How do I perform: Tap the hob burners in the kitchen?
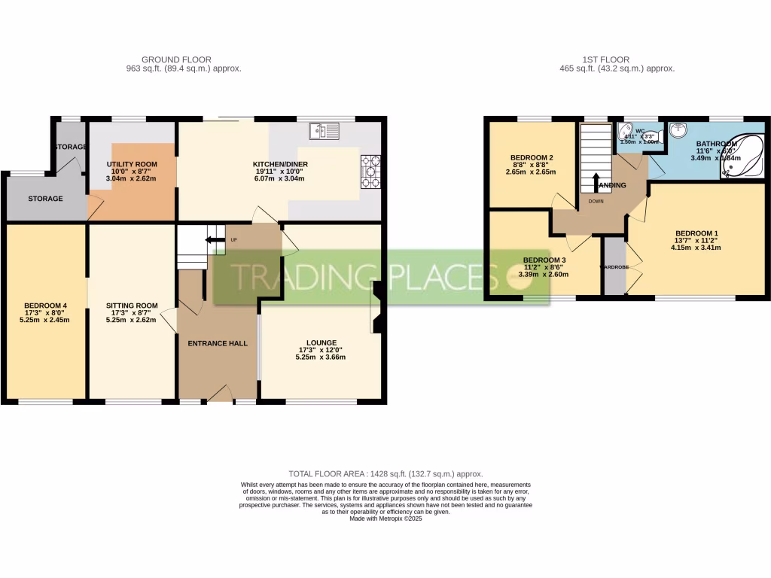[x=371, y=172]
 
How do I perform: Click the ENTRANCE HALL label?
[x=218, y=343]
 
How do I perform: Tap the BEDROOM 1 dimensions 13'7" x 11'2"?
[x=697, y=240]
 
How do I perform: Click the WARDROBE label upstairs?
[x=614, y=266]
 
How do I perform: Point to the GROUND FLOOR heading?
[x=176, y=59]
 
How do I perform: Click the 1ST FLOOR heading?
[x=606, y=59]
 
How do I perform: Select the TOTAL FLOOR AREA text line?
[x=385, y=474]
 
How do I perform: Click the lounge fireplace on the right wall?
[x=377, y=307]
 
